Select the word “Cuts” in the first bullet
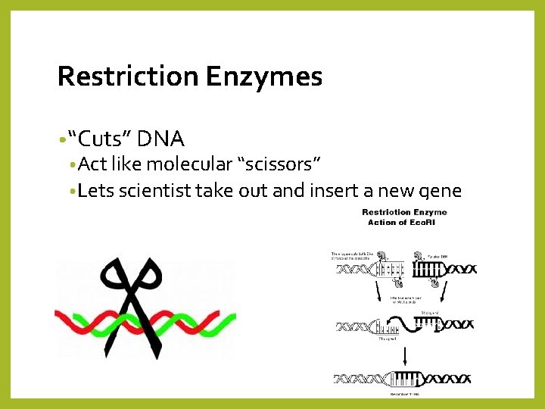click(101, 139)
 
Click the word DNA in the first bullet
click(162, 139)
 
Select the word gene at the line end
click(438, 191)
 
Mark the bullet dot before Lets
click(71, 191)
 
